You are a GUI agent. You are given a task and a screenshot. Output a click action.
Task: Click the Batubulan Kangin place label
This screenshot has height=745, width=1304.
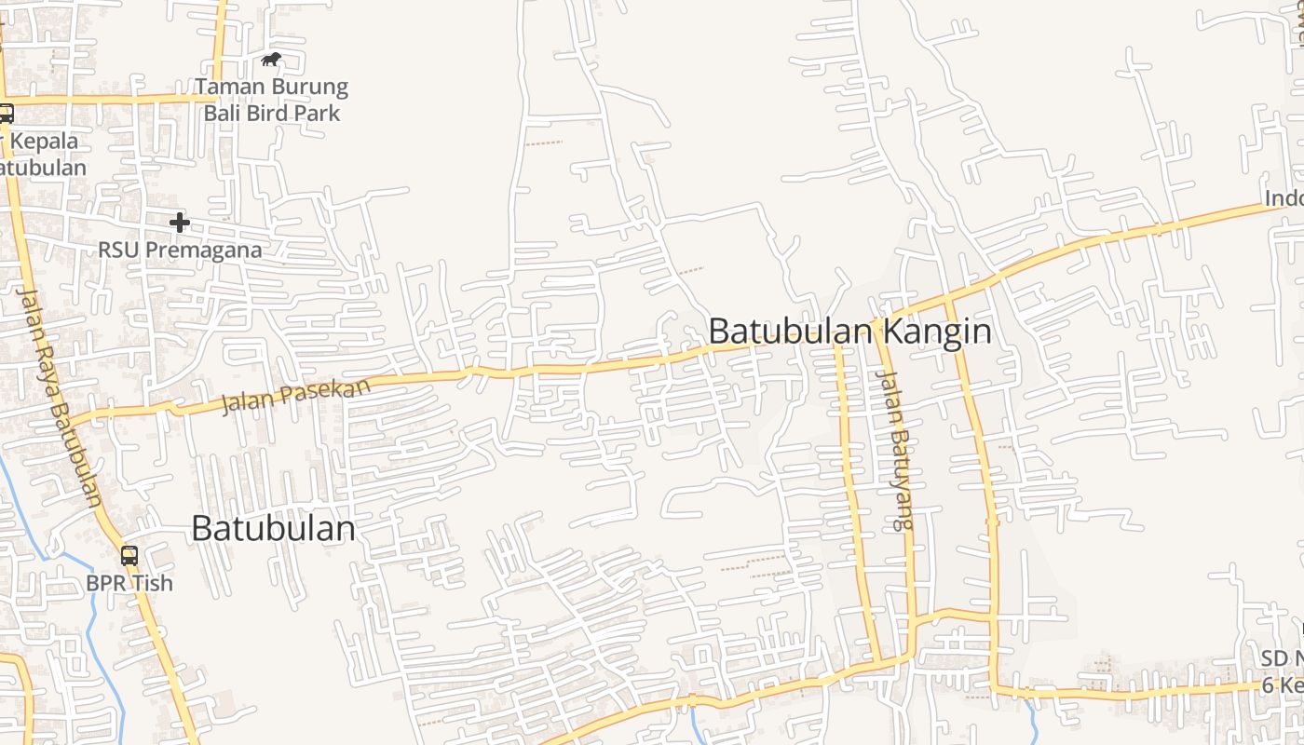point(849,332)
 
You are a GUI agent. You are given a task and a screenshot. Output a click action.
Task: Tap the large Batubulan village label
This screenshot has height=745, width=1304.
point(273,529)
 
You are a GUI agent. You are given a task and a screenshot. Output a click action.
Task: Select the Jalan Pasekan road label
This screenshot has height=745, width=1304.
point(295,396)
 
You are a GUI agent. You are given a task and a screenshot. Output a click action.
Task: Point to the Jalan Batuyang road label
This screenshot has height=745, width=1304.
point(895,451)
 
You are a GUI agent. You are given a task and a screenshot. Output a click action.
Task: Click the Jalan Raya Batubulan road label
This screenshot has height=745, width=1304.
point(60,396)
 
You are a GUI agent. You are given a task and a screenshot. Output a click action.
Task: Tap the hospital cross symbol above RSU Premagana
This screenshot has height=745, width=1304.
point(180,223)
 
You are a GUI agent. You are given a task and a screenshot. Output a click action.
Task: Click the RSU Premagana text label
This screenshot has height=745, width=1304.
point(180,251)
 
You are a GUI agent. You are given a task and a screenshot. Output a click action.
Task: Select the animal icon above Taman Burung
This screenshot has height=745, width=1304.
point(271,61)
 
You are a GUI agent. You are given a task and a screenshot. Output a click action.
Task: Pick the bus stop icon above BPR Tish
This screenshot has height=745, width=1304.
point(129,556)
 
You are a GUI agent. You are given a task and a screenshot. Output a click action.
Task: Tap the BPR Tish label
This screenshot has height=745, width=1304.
point(129,583)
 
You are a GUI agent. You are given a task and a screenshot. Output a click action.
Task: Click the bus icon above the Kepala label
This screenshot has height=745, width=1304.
point(6,114)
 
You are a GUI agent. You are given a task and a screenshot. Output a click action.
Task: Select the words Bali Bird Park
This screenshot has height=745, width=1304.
point(272,114)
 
